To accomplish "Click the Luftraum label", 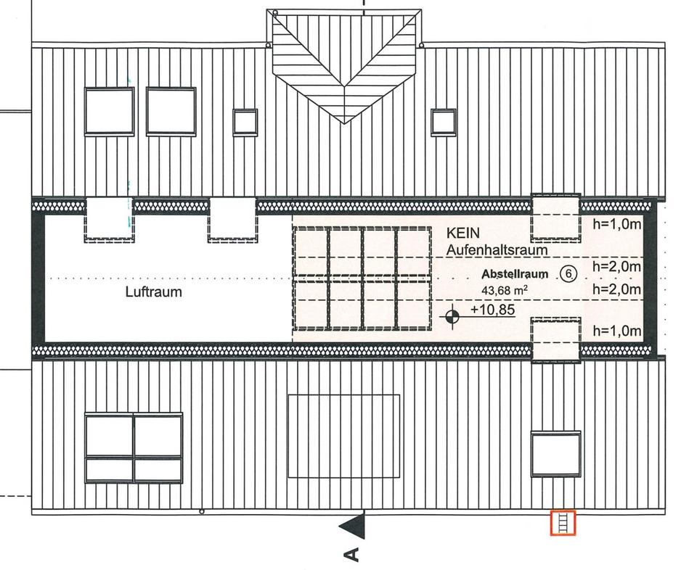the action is click(x=153, y=293).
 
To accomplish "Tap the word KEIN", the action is click(x=463, y=234).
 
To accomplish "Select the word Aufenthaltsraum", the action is click(x=497, y=250).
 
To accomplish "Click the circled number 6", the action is click(x=568, y=274).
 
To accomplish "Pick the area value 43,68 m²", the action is click(x=504, y=290).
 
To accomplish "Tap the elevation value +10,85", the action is click(x=492, y=310).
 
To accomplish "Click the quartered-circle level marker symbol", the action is click(x=452, y=315).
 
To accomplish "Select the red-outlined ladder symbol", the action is click(x=563, y=522).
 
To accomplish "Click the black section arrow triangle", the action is click(x=354, y=526).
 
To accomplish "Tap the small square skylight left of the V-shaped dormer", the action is click(x=245, y=121).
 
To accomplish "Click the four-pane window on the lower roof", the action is click(x=133, y=447).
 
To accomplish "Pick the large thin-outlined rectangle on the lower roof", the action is click(x=343, y=436).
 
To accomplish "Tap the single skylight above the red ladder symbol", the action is click(x=555, y=454).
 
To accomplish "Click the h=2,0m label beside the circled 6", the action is click(x=616, y=267).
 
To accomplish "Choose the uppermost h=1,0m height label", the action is click(x=616, y=224).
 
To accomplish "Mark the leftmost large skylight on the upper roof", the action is click(x=109, y=111).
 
